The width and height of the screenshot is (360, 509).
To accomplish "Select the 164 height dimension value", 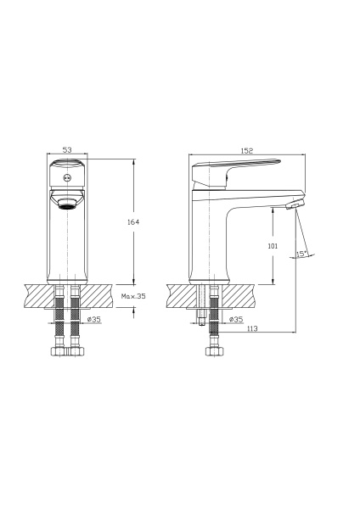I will click(133, 222).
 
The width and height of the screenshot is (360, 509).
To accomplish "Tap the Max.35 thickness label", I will click(134, 297).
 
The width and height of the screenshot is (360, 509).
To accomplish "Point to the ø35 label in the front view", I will click(94, 320).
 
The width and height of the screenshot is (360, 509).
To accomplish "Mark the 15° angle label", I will click(302, 253).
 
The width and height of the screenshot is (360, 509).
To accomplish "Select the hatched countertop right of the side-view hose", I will click(246, 295).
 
